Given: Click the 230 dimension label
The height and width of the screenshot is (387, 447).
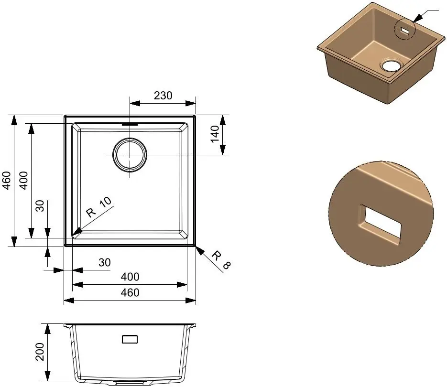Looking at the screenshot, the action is pos(163,96).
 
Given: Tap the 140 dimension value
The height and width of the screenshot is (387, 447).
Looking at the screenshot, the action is pos(215,134).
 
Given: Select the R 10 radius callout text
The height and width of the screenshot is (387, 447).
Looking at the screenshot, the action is pos(99,207).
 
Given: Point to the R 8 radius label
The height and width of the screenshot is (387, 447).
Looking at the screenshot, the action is pos(221,259).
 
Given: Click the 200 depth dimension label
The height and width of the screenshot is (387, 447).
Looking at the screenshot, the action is pos(40,352).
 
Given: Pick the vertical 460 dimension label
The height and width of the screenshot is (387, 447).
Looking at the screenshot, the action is pos(6,181).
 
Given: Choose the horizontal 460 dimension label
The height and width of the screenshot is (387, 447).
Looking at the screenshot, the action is pos(130,293).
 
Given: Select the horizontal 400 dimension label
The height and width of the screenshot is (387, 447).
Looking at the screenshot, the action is pos(130,277).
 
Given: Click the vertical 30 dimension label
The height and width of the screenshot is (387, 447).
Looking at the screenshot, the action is pos(40,206).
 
